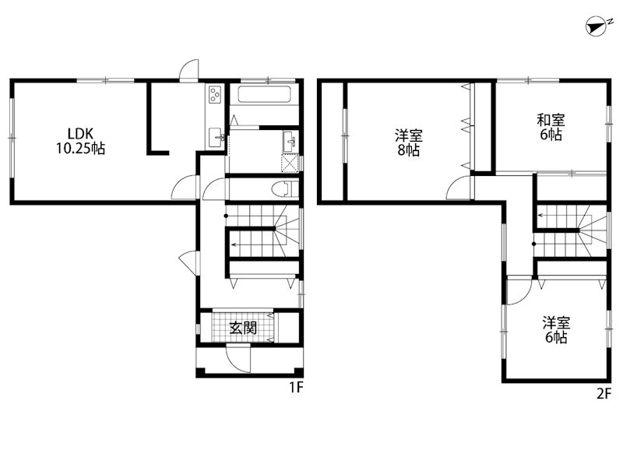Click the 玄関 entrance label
tap(242, 328)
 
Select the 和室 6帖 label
tap(551, 127)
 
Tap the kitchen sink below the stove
tap(216, 137)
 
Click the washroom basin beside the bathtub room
tap(290, 141)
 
